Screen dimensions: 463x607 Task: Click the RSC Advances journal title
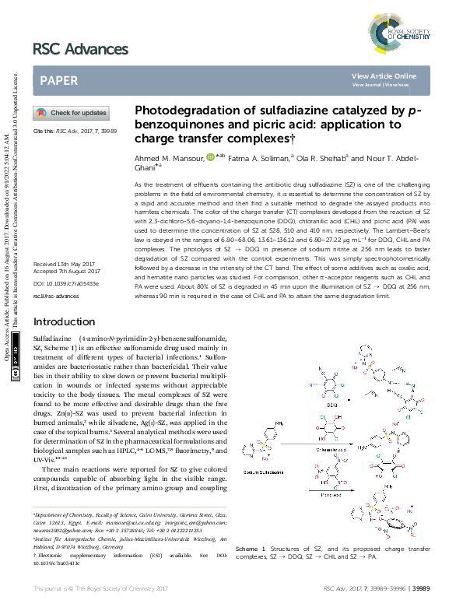click(80, 50)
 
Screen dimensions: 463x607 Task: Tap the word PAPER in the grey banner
click(58, 79)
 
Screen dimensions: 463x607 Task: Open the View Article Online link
click(384, 75)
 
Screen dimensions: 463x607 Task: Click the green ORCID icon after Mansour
click(210, 157)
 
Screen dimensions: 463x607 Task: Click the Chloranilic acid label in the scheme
click(324, 449)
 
